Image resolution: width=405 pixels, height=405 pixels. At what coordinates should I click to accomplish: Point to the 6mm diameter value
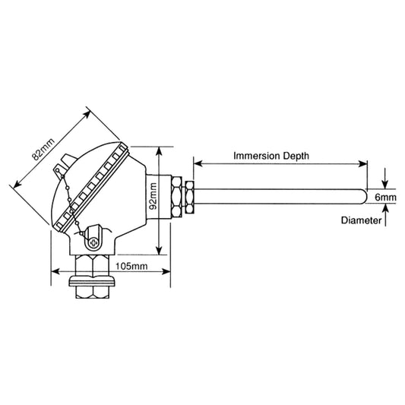[385, 198]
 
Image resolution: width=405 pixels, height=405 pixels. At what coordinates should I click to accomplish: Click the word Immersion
[257, 154]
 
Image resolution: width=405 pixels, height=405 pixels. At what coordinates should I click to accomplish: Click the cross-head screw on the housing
[93, 242]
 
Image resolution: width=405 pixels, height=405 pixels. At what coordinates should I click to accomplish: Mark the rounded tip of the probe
[363, 197]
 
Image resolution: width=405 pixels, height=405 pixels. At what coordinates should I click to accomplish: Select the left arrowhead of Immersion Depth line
[198, 162]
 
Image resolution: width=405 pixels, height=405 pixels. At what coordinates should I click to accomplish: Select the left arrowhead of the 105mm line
[54, 269]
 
